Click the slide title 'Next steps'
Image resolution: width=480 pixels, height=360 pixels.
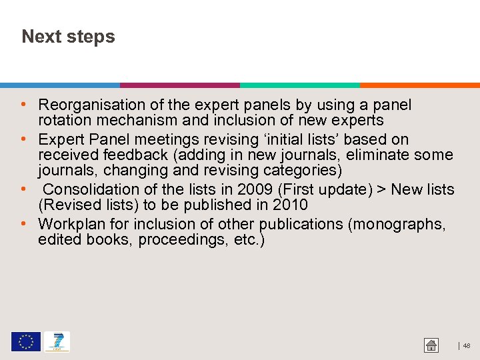tap(68, 37)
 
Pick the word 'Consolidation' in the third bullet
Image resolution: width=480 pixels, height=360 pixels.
tap(94, 189)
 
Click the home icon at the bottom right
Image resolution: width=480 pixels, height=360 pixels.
tap(431, 345)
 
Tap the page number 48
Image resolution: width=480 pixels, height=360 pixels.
tap(467, 346)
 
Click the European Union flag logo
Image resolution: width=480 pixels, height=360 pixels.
tap(25, 342)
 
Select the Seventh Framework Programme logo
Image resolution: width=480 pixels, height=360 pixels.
tap(57, 342)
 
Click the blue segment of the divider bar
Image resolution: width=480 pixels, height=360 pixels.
tap(60, 85)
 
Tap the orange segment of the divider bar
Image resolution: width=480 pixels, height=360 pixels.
tap(420, 85)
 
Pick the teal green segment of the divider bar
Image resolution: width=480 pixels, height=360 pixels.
tap(300, 85)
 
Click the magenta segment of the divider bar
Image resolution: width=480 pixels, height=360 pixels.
tap(180, 85)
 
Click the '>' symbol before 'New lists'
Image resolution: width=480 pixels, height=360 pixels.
tap(381, 190)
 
